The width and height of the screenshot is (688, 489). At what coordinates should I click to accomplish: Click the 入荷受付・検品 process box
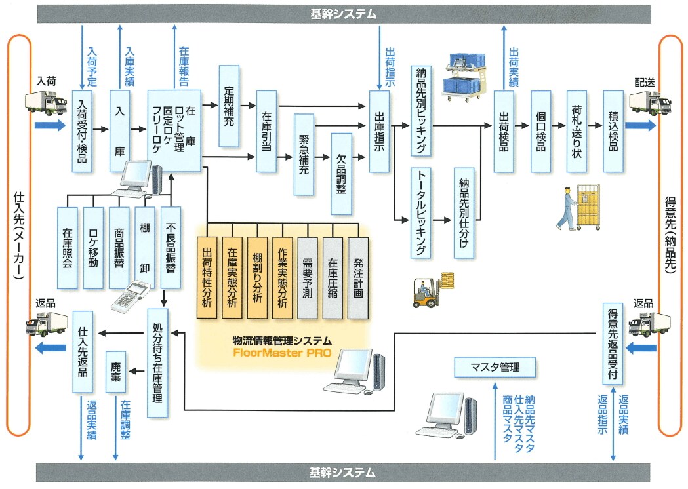81,131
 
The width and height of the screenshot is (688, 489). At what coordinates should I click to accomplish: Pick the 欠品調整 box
341,174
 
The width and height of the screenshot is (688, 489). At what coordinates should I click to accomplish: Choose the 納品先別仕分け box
464,213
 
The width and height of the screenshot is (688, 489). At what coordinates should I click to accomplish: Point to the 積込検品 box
613,131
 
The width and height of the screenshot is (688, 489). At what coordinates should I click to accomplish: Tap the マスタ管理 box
495,367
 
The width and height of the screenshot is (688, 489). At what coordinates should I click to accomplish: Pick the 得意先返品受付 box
612,343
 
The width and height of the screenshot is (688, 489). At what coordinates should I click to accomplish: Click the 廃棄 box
115,372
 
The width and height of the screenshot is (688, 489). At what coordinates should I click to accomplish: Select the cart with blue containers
466,79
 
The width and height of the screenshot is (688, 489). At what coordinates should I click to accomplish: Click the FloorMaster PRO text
282,352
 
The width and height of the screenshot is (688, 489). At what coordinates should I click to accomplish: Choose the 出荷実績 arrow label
514,68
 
